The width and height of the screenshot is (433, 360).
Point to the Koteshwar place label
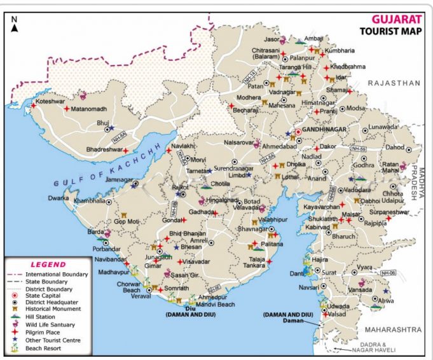(x=52, y=101)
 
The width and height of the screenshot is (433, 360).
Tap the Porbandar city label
(x=106, y=249)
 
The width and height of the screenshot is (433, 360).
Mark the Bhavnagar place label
(x=252, y=228)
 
